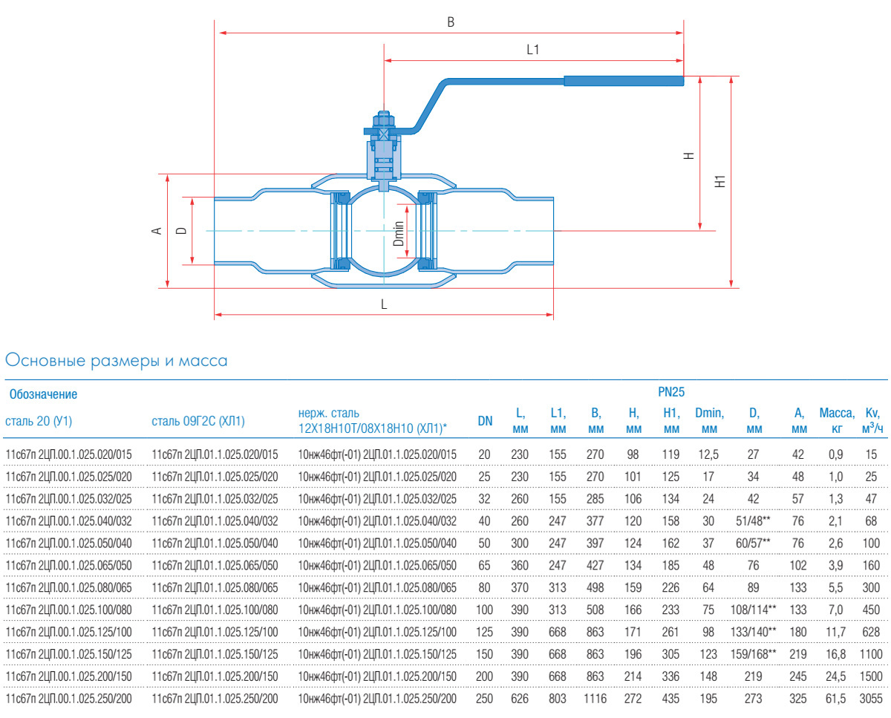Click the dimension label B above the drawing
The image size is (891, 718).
[x=450, y=22]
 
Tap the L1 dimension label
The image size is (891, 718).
[x=532, y=50]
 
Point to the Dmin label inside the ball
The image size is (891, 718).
[x=399, y=234]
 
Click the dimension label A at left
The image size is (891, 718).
[x=157, y=231]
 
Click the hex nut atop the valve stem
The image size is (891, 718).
[x=384, y=120]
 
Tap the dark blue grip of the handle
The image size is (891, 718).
[x=623, y=81]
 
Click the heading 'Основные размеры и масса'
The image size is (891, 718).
[x=117, y=362]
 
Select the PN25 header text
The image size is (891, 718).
[x=671, y=391]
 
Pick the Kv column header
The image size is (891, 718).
[x=872, y=420]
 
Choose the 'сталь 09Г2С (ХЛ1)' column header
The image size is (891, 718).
[x=198, y=421]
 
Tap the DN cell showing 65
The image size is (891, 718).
[x=485, y=565]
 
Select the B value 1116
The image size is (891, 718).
[x=595, y=699]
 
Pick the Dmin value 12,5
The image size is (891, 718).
[x=709, y=454]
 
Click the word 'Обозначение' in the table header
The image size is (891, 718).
[x=42, y=394]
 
